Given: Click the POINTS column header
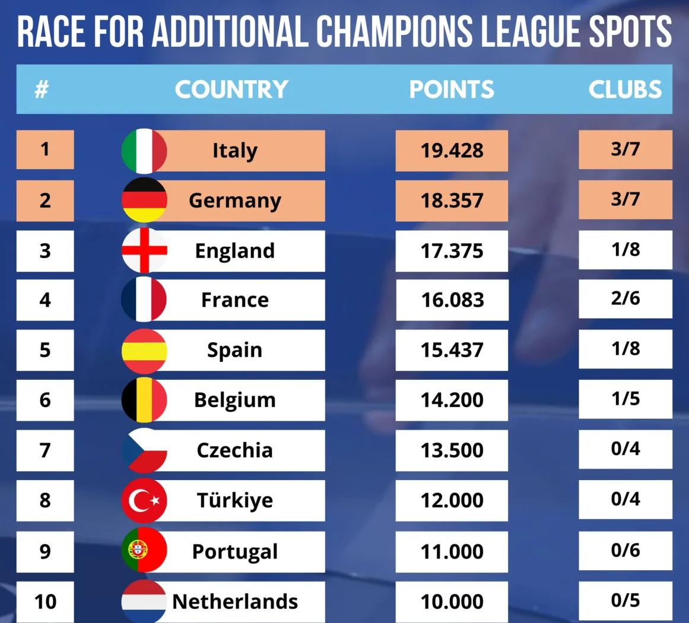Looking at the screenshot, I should [452, 90].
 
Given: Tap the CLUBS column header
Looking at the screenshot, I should [625, 90].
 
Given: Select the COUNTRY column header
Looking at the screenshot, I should [231, 90].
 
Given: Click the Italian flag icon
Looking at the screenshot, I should [144, 151].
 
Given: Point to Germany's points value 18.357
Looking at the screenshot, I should [452, 201].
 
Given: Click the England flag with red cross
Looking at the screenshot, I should [144, 250].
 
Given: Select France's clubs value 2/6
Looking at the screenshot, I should [626, 298].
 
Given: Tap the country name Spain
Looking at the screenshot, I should [234, 350].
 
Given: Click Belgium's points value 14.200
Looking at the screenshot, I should [452, 400].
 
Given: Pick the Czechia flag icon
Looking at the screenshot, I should [144, 450].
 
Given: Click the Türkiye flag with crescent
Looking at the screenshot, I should [144, 501].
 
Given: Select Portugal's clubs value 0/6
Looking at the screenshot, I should [626, 551].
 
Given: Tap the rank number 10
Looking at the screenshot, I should [45, 602].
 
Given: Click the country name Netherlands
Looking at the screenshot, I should [235, 602].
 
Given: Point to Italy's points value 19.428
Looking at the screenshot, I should [452, 151].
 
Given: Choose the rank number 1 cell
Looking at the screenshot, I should [45, 149].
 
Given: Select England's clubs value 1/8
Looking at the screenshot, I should [626, 249].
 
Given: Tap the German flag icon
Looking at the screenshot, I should [144, 201].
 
